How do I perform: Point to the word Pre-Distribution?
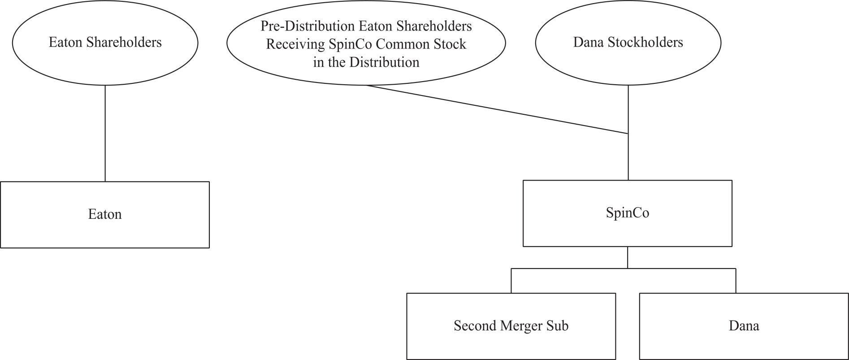click(x=308, y=26)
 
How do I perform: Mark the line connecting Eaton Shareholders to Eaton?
click(x=105, y=133)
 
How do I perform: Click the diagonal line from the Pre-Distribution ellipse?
click(x=497, y=109)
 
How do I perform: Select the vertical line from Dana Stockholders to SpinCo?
click(x=628, y=133)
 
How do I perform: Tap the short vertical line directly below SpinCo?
click(x=628, y=257)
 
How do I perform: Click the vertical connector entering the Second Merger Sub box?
click(x=511, y=281)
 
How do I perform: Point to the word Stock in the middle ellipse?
click(x=450, y=44)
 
